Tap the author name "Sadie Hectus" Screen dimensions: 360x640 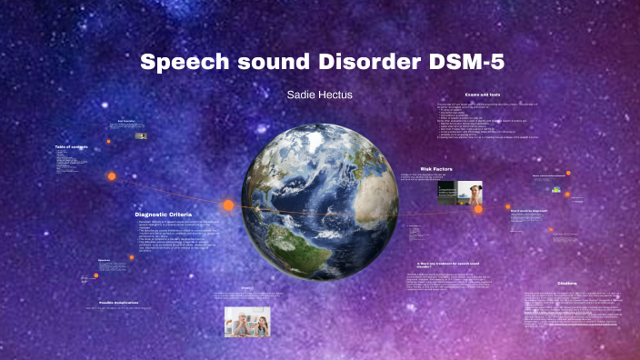pyautogui.click(x=319, y=94)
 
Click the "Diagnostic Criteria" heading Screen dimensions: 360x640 pyautogui.click(x=165, y=215)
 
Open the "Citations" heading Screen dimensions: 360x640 pyautogui.click(x=566, y=282)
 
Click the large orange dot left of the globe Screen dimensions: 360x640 pyautogui.click(x=228, y=205)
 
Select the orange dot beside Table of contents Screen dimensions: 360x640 pyautogui.click(x=112, y=175)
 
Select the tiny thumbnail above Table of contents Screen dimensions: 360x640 pyautogui.click(x=142, y=135)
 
